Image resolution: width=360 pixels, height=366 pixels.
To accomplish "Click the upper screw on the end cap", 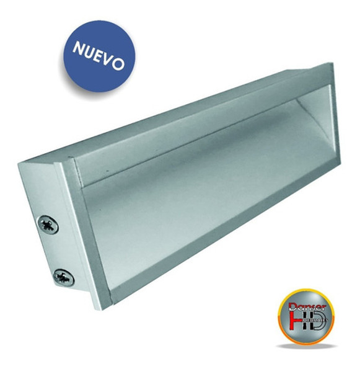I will [x=48, y=223].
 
